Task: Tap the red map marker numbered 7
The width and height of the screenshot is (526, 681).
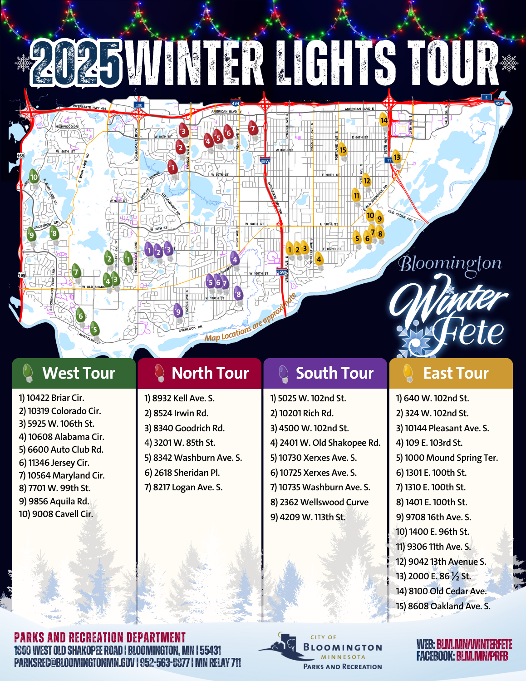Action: coord(253,129)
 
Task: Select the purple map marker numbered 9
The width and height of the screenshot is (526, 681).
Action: coord(178,312)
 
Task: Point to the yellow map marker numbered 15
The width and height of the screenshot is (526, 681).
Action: coord(343,150)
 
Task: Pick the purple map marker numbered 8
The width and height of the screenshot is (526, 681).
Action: coord(238,295)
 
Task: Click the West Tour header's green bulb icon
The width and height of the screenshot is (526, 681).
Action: coord(28,373)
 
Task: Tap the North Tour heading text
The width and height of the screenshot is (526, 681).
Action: coord(210,373)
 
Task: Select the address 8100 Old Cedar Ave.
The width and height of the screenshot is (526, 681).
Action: coord(447,591)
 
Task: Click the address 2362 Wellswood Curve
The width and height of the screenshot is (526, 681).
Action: coord(324,502)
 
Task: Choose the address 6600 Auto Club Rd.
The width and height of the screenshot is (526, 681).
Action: coord(65,449)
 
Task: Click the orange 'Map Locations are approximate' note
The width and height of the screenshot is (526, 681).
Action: coord(250,317)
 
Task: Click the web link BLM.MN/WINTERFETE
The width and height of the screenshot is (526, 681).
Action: coord(474,645)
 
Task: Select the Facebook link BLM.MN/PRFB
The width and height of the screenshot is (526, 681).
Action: coord(482,656)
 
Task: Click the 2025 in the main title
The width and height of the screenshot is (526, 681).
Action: coord(76,64)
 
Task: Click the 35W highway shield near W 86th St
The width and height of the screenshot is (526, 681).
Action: coord(265,161)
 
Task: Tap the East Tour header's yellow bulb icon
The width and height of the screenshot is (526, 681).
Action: coord(408,373)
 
